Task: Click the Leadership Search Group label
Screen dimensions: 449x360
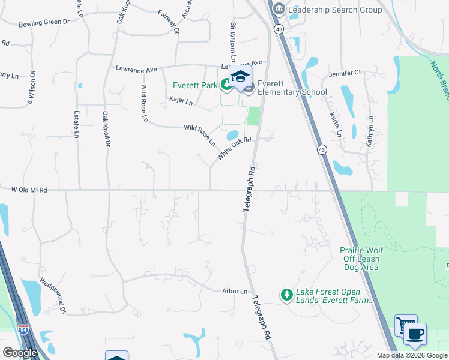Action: point(335,10)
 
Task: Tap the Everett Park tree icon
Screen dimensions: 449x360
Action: point(226,85)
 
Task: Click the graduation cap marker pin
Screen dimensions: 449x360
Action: point(240,78)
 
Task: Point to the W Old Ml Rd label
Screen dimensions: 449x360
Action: point(29,190)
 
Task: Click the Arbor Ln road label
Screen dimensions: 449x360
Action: point(235,292)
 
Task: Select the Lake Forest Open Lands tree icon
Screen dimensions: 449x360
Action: point(286,295)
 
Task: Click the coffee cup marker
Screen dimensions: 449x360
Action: point(415,334)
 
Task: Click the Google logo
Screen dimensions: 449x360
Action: point(20,353)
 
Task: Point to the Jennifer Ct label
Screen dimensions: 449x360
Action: point(345,73)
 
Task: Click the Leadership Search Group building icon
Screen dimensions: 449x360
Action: point(279,10)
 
